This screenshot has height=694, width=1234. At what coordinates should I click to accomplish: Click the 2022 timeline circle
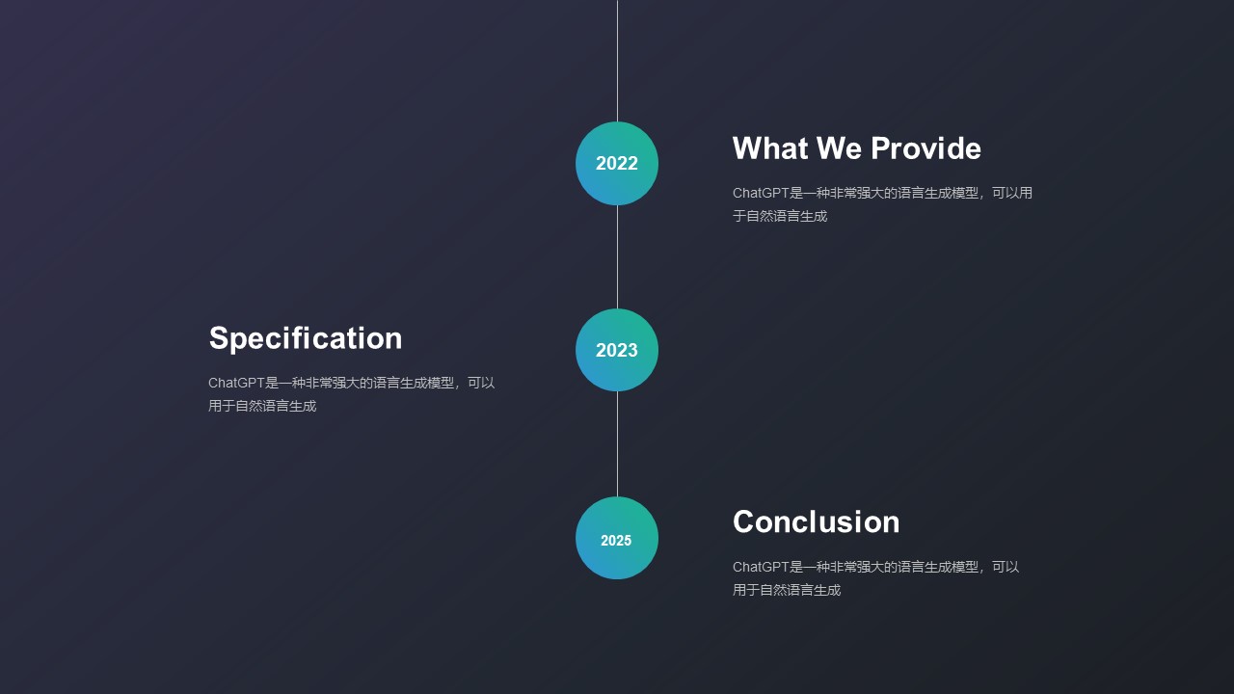pyautogui.click(x=617, y=163)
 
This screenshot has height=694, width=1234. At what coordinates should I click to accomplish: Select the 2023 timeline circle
pyautogui.click(x=617, y=350)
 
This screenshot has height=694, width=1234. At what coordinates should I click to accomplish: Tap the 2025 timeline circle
pyautogui.click(x=617, y=538)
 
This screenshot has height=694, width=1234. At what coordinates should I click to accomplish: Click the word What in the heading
pyautogui.click(x=769, y=148)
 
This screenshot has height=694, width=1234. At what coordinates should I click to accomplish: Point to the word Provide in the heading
pyautogui.click(x=926, y=148)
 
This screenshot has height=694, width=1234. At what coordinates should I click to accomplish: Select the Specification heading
pyautogui.click(x=306, y=338)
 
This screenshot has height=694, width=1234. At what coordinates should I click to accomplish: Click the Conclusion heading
pyautogui.click(x=816, y=521)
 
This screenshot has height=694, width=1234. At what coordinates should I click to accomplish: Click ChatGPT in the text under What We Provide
pyautogui.click(x=761, y=193)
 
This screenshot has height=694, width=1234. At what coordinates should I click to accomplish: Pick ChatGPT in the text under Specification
pyautogui.click(x=236, y=383)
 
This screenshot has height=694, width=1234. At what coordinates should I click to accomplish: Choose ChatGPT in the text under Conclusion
pyautogui.click(x=761, y=566)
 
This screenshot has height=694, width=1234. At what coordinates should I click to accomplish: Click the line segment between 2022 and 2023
pyautogui.click(x=617, y=256)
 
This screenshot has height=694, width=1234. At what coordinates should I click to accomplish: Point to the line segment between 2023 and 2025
pyautogui.click(x=617, y=444)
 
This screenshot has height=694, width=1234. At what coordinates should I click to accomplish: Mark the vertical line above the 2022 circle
pyautogui.click(x=617, y=61)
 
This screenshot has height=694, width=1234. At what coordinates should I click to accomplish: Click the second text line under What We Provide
pyautogui.click(x=780, y=216)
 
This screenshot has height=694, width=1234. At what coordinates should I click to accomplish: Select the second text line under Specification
pyautogui.click(x=262, y=406)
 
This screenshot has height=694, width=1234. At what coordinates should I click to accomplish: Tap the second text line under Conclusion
pyautogui.click(x=787, y=590)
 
